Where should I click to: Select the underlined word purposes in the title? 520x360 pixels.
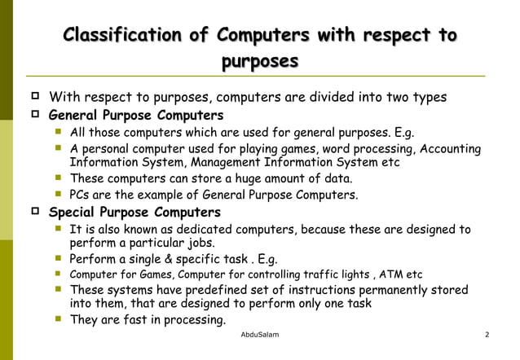coord(260,61)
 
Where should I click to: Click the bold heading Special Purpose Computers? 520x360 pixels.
coord(134,213)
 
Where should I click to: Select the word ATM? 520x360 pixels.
coord(394,274)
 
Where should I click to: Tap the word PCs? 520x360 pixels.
coord(80,195)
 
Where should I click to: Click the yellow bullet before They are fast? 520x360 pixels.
coord(59,320)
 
